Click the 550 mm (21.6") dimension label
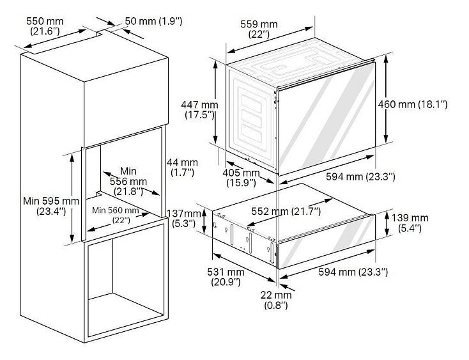coord(45,26)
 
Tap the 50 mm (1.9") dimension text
coord(153,21)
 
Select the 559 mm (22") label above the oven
coord(259,29)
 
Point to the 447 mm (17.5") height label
coord(199,109)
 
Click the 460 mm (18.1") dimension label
coord(413,104)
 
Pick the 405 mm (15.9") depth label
coord(241,178)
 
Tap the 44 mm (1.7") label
coord(182,168)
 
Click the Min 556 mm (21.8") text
coord(128,181)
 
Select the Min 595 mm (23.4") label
coord(51,206)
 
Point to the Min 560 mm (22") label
coord(116,215)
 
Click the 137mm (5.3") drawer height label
coord(184,218)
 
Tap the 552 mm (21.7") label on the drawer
coord(286,211)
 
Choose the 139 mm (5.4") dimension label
coord(410,223)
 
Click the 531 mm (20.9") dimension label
coord(226,277)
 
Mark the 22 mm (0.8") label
coord(276,300)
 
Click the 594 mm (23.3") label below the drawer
coord(353,272)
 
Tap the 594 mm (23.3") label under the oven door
coord(360,176)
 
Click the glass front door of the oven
coord(327,118)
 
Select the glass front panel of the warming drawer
coord(327,242)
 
